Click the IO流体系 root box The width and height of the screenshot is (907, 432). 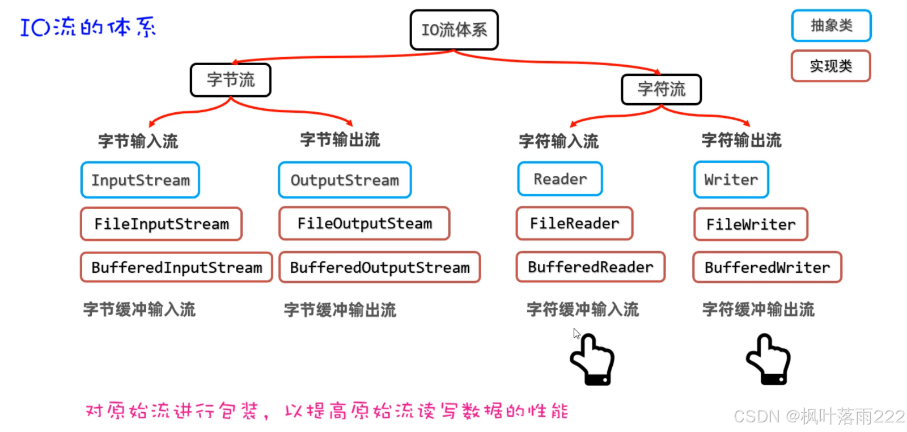(454, 30)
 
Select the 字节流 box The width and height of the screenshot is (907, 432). (231, 80)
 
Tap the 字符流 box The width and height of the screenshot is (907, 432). (661, 90)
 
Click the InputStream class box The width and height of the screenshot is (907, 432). (140, 180)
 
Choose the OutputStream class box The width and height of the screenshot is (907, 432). (345, 180)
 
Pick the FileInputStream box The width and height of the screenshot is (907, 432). (162, 224)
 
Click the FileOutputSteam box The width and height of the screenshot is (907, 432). (365, 223)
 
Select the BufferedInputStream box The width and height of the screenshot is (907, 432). (176, 268)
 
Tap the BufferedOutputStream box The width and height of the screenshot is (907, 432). (380, 268)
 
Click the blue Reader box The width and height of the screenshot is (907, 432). (560, 179)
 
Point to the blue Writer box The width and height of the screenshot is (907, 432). (731, 180)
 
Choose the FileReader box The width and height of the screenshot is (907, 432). (574, 223)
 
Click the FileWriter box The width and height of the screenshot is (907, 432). (751, 225)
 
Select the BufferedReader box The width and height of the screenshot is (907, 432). (590, 267)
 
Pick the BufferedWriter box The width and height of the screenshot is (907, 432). (767, 268)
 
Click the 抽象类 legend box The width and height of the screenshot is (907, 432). (831, 26)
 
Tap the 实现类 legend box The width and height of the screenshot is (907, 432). (830, 66)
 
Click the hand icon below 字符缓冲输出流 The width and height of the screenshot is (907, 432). (769, 361)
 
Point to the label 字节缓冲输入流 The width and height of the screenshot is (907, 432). (139, 310)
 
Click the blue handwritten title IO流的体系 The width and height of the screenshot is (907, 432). (88, 27)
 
